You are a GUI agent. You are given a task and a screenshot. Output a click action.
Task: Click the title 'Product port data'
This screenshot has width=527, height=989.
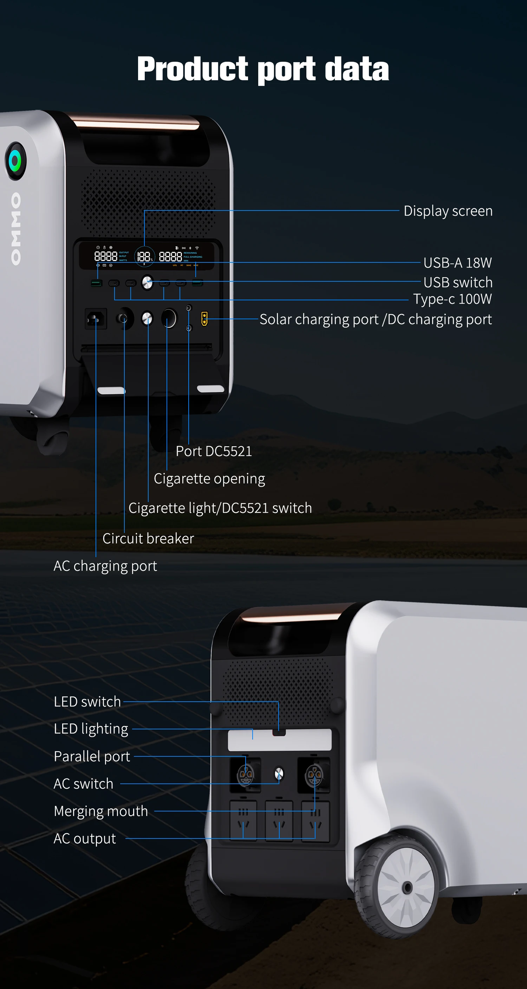263,69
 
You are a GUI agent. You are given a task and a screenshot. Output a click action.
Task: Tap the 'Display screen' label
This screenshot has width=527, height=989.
448,211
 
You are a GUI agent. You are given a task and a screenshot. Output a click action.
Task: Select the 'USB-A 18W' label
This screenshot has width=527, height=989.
457,263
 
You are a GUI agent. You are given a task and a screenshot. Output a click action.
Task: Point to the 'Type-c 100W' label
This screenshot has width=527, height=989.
452,299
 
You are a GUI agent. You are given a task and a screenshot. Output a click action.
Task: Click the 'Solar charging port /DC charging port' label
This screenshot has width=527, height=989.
376,319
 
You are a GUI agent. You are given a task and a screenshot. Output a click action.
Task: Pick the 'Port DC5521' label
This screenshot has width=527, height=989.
214,451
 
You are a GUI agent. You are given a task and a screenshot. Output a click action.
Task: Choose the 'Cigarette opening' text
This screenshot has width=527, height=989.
209,479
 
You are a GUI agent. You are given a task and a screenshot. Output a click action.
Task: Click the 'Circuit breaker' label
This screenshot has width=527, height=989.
148,538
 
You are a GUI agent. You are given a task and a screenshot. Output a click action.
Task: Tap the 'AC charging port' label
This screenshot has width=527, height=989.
105,566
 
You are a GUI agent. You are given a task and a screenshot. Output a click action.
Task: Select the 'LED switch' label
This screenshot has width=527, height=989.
87,701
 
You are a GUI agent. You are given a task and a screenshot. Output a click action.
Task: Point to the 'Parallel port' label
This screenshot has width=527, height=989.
92,756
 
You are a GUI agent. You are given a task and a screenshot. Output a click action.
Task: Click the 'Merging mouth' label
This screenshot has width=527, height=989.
101,811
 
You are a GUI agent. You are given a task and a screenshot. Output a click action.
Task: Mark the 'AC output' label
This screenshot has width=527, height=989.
85,838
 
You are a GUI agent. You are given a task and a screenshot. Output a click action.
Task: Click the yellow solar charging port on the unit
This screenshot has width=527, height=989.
204,319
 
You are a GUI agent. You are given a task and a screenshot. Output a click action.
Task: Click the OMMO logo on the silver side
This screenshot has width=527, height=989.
16,229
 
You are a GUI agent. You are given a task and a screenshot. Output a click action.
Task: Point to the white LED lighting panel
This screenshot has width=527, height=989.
279,740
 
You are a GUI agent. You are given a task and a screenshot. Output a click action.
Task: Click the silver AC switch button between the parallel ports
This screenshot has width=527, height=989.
279,774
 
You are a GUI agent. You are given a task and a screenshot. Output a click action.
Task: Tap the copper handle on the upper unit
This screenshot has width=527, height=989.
136,123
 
